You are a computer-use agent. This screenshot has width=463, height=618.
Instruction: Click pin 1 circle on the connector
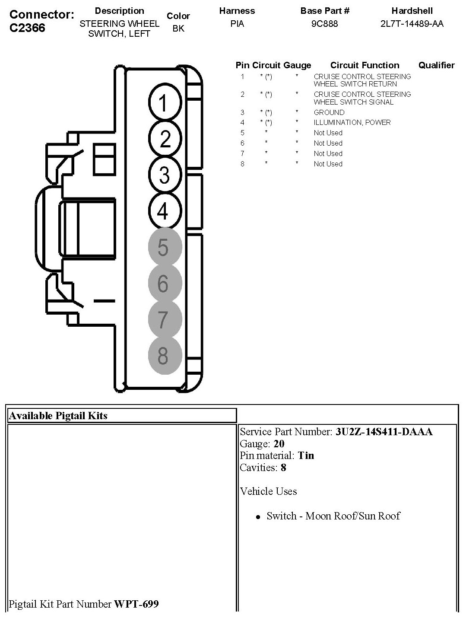pyautogui.click(x=165, y=103)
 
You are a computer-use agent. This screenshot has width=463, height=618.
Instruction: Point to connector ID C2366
pyautogui.click(x=27, y=28)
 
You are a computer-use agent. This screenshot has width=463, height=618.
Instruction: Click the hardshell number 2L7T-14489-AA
pyautogui.click(x=412, y=24)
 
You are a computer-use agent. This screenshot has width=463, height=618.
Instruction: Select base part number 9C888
pyautogui.click(x=324, y=24)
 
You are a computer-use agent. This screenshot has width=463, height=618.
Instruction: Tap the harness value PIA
pyautogui.click(x=237, y=24)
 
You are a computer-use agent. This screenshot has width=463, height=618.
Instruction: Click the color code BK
pyautogui.click(x=178, y=29)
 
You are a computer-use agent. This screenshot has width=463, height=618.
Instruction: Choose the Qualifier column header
pyautogui.click(x=436, y=65)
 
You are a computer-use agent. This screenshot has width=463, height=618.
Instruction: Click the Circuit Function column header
pyautogui.click(x=365, y=65)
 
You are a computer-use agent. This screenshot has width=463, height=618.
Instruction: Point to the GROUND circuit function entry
pyautogui.click(x=329, y=112)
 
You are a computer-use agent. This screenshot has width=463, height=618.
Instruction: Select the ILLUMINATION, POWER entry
pyautogui.click(x=352, y=122)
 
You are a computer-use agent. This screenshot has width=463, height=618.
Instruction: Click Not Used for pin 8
pyautogui.click(x=328, y=164)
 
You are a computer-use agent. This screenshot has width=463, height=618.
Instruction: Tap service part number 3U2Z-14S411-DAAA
pyautogui.click(x=384, y=431)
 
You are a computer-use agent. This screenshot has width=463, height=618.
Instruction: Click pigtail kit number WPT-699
pyautogui.click(x=136, y=604)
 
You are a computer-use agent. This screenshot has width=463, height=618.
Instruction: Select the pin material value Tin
pyautogui.click(x=306, y=455)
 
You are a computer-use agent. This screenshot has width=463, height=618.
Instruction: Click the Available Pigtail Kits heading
pyautogui.click(x=58, y=416)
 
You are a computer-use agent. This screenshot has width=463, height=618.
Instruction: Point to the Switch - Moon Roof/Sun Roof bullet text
pyautogui.click(x=333, y=516)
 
